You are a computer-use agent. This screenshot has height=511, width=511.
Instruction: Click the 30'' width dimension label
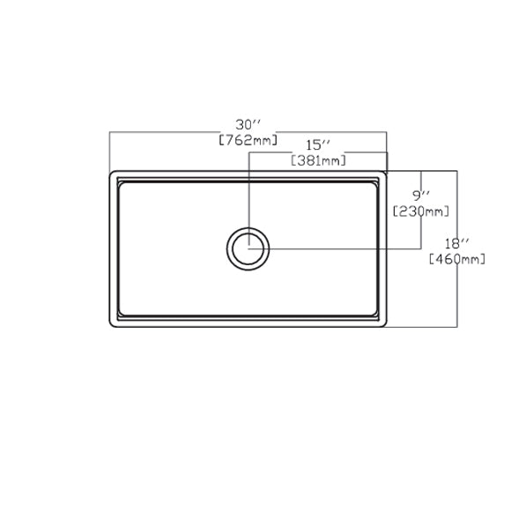248,125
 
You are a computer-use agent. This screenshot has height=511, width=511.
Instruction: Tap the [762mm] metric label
248,140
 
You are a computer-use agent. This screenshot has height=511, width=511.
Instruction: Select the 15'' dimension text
318,145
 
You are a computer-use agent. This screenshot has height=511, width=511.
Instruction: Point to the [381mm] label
318,160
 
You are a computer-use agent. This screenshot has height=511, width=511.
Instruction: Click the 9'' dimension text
421,196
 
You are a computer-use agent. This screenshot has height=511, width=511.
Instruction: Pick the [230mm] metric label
421,211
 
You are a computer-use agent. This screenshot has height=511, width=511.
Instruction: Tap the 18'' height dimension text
457,243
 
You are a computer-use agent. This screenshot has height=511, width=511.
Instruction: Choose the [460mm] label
457,259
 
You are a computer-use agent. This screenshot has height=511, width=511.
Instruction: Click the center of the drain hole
248,249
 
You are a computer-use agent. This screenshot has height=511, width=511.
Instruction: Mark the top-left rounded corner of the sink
111,173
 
